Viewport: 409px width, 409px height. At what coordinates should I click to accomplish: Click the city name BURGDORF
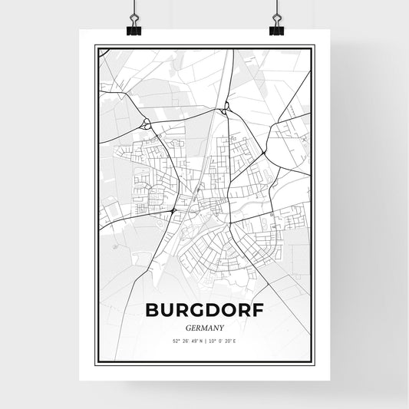click(x=205, y=311)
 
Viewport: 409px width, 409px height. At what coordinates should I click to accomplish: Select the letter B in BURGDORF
click(x=151, y=311)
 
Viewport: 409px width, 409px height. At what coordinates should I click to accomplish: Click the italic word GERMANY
click(x=205, y=325)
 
